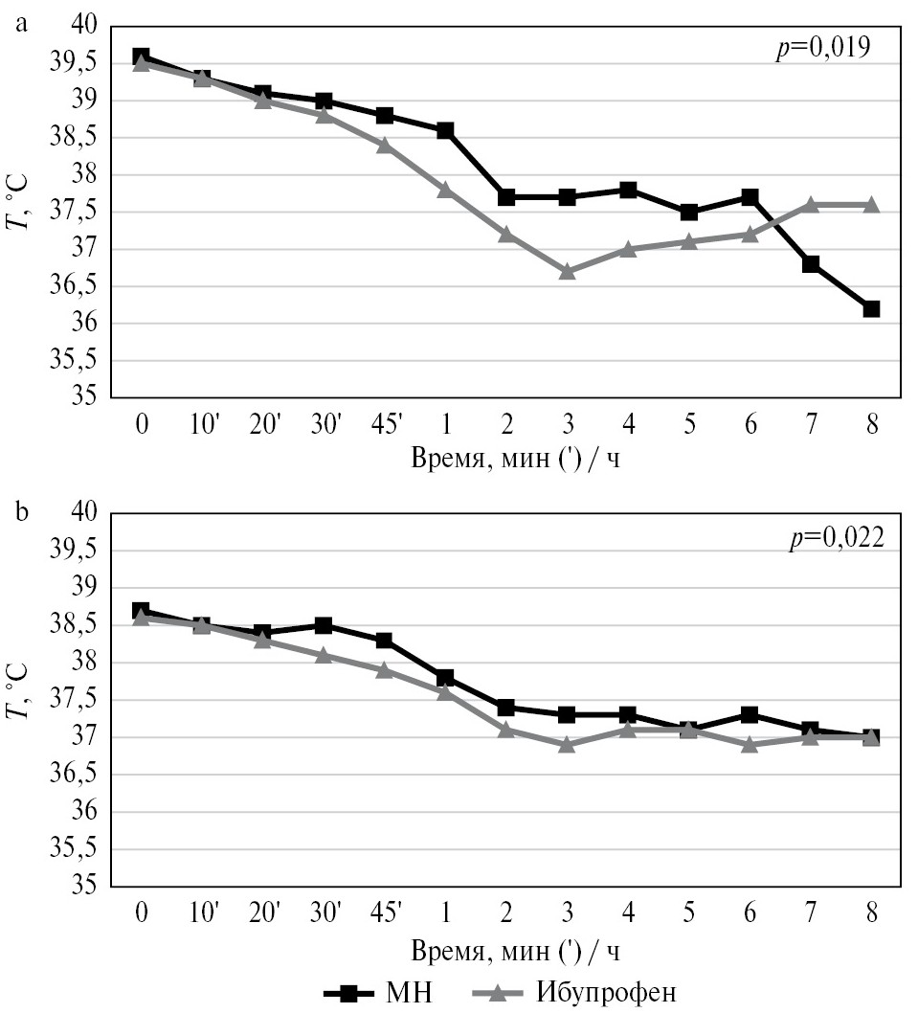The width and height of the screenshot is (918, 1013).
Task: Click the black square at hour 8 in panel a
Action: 871,309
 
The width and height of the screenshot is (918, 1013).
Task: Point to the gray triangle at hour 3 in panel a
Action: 567,271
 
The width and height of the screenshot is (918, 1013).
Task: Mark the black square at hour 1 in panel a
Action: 445,130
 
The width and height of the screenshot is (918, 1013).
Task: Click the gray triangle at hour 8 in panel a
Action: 871,204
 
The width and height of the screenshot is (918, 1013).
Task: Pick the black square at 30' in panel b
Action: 324,626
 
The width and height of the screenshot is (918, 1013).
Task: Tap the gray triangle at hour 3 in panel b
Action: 567,744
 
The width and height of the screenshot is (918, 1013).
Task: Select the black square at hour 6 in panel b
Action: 750,715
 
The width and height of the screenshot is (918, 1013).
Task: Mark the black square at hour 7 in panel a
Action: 811,264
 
